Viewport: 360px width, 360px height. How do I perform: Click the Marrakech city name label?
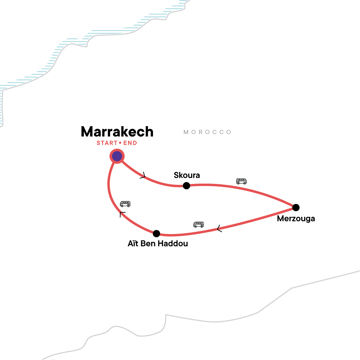(x=117, y=132)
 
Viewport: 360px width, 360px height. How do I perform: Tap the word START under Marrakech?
(x=107, y=143)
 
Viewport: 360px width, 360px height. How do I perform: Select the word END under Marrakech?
(x=130, y=143)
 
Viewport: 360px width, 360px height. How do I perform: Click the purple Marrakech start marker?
(x=117, y=156)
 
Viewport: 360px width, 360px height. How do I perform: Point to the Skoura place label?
(x=187, y=175)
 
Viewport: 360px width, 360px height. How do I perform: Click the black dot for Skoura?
(x=186, y=186)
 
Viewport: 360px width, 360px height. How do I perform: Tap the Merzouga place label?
(x=296, y=218)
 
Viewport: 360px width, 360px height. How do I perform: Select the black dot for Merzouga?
(x=296, y=207)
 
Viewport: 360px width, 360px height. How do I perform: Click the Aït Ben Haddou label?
(x=158, y=243)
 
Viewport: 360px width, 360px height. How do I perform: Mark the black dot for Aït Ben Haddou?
(x=156, y=233)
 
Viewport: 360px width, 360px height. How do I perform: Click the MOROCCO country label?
(x=208, y=132)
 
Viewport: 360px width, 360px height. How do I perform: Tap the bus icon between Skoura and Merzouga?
(x=241, y=181)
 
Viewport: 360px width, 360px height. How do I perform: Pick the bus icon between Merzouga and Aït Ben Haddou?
(x=199, y=224)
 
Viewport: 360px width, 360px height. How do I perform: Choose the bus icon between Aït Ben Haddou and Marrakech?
(x=125, y=204)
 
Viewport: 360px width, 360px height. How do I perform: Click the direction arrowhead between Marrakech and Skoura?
(x=143, y=175)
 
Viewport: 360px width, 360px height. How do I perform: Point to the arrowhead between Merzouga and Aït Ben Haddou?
(x=219, y=229)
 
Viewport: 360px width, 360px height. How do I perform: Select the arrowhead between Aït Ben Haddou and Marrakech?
(x=122, y=214)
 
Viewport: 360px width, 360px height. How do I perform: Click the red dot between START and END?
(x=120, y=143)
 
